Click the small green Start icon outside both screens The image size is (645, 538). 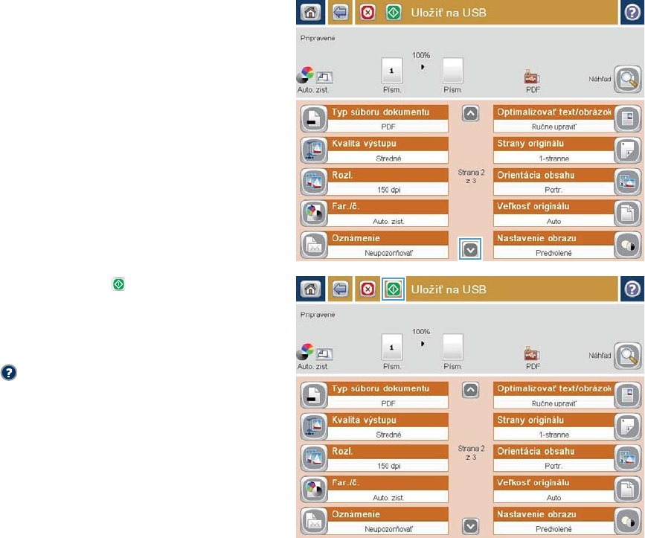[x=118, y=284]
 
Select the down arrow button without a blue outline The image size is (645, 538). [x=469, y=525]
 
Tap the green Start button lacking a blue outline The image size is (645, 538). [x=394, y=13]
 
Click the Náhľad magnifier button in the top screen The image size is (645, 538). [x=627, y=77]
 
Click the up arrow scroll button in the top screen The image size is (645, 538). [x=469, y=113]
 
